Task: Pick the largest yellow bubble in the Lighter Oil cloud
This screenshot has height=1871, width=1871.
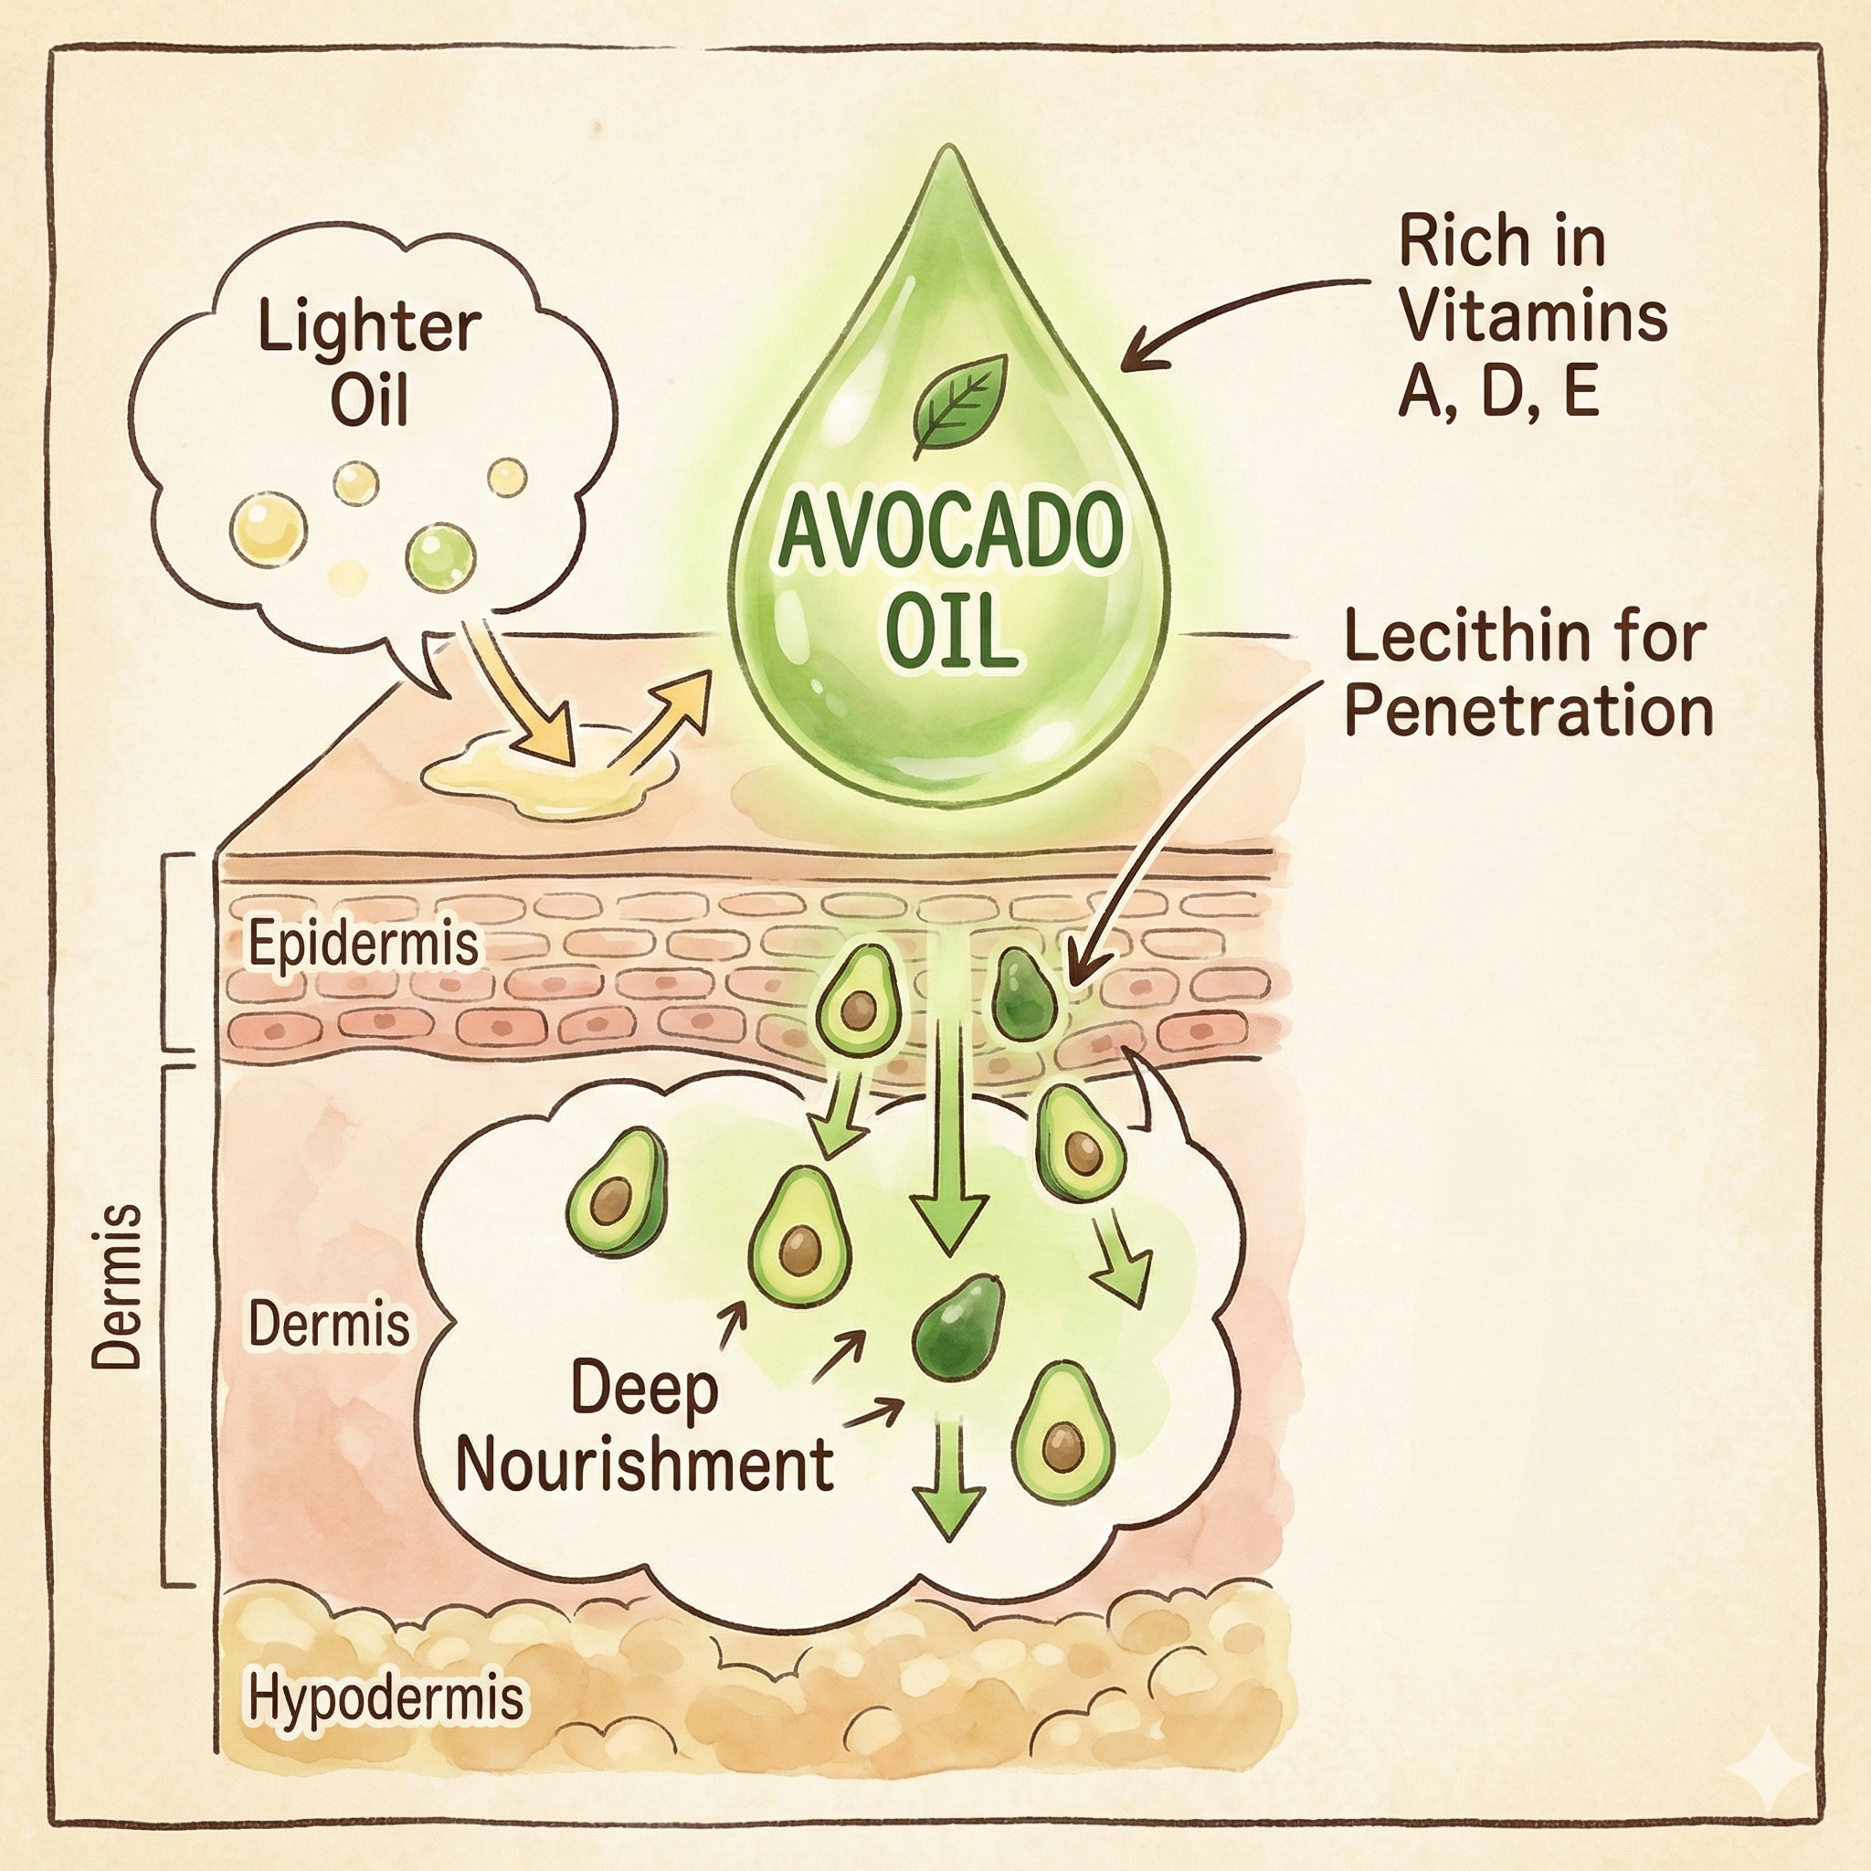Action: tap(269, 528)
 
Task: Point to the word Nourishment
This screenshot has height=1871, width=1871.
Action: tap(644, 1464)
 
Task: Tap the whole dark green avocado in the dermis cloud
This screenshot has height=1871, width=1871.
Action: tap(957, 1326)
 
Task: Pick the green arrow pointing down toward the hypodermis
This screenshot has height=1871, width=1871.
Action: tap(949, 1477)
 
